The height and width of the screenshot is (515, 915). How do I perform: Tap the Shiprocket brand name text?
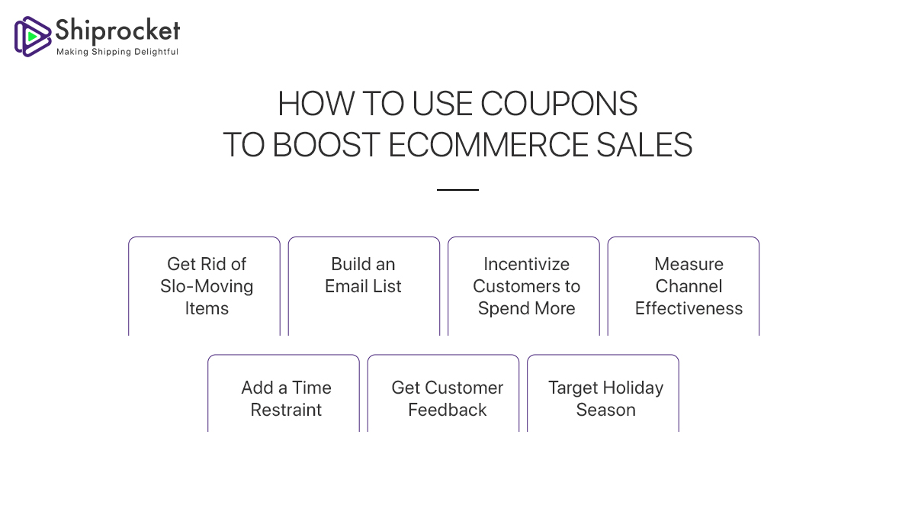click(117, 30)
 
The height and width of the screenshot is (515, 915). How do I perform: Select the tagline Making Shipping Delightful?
click(117, 52)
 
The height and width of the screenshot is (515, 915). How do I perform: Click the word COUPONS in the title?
click(563, 104)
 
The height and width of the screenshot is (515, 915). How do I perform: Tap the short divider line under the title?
click(457, 190)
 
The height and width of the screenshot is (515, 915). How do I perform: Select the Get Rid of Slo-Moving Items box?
click(204, 286)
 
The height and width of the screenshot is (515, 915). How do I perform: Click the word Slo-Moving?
click(207, 286)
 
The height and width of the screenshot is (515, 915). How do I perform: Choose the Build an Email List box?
click(364, 286)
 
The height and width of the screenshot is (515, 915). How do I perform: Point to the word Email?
click(347, 286)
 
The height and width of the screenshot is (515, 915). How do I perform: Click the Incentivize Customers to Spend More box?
click(524, 286)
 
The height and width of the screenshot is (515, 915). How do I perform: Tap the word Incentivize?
click(526, 264)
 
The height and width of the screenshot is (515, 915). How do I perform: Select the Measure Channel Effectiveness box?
click(683, 286)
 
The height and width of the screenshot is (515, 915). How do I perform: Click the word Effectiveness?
click(689, 308)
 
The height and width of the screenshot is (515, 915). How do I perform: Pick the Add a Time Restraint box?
click(284, 393)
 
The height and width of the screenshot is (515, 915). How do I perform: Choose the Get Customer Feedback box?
click(443, 393)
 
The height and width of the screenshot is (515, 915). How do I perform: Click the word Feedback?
click(447, 410)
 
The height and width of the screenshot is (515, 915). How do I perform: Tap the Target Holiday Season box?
click(603, 393)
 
